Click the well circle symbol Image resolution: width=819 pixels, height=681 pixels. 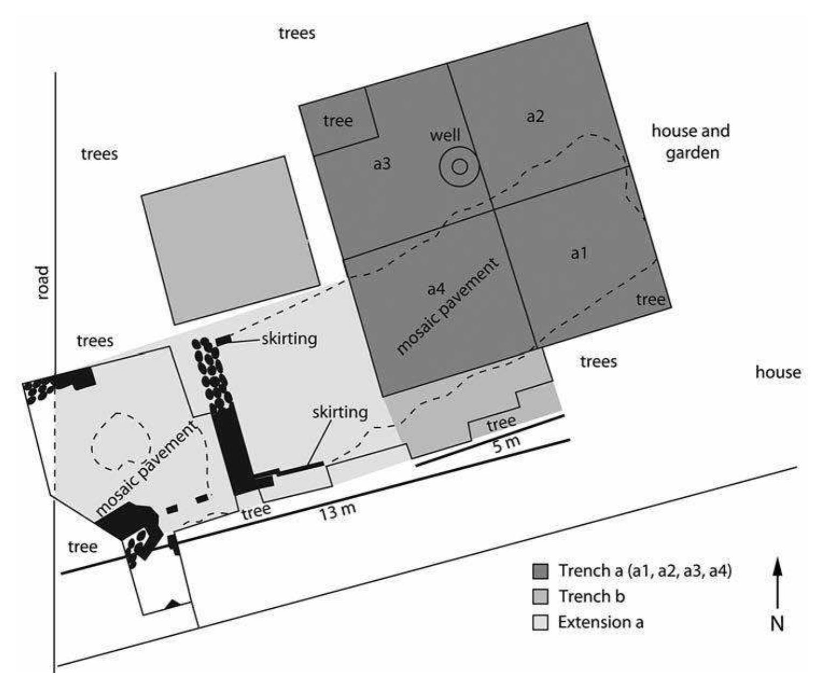pyautogui.click(x=459, y=166)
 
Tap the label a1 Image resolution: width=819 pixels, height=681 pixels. pyautogui.click(x=579, y=253)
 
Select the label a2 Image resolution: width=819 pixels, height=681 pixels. pyautogui.click(x=535, y=116)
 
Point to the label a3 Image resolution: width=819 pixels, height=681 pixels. pyautogui.click(x=381, y=164)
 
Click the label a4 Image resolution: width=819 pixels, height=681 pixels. pyautogui.click(x=436, y=289)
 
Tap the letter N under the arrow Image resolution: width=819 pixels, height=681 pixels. pyautogui.click(x=777, y=623)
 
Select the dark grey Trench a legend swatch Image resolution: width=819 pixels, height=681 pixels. pyautogui.click(x=540, y=571)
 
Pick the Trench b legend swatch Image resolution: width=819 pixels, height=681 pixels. pyautogui.click(x=540, y=597)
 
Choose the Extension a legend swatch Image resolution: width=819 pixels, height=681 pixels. pyautogui.click(x=540, y=623)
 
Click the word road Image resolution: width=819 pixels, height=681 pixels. pyautogui.click(x=43, y=282)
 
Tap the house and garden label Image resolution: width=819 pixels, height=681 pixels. pyautogui.click(x=691, y=142)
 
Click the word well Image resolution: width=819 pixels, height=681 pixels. pyautogui.click(x=445, y=135)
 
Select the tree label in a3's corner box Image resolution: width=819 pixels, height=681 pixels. pyautogui.click(x=338, y=121)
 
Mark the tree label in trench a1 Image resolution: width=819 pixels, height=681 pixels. pyautogui.click(x=650, y=299)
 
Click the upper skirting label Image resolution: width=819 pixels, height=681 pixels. pyautogui.click(x=289, y=339)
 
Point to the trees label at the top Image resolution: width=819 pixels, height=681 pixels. pyautogui.click(x=297, y=33)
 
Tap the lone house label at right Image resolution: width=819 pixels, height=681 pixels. pyautogui.click(x=778, y=372)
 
